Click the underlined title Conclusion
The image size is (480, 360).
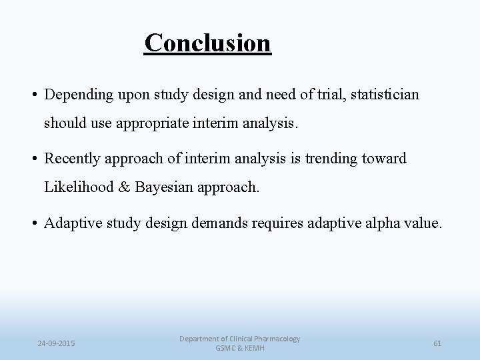(208, 43)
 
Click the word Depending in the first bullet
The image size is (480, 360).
(77, 95)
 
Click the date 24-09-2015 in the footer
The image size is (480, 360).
(56, 343)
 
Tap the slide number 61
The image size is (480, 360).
(437, 343)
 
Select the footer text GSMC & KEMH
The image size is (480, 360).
(239, 349)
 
